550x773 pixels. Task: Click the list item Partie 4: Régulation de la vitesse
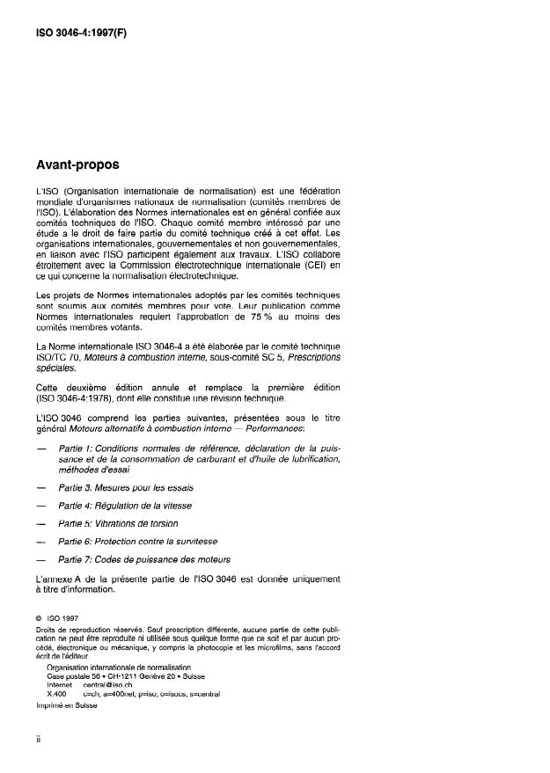click(x=125, y=506)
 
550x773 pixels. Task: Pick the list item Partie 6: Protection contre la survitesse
click(x=138, y=542)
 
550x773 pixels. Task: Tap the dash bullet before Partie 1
click(x=40, y=448)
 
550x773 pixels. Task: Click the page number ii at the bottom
click(x=39, y=740)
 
